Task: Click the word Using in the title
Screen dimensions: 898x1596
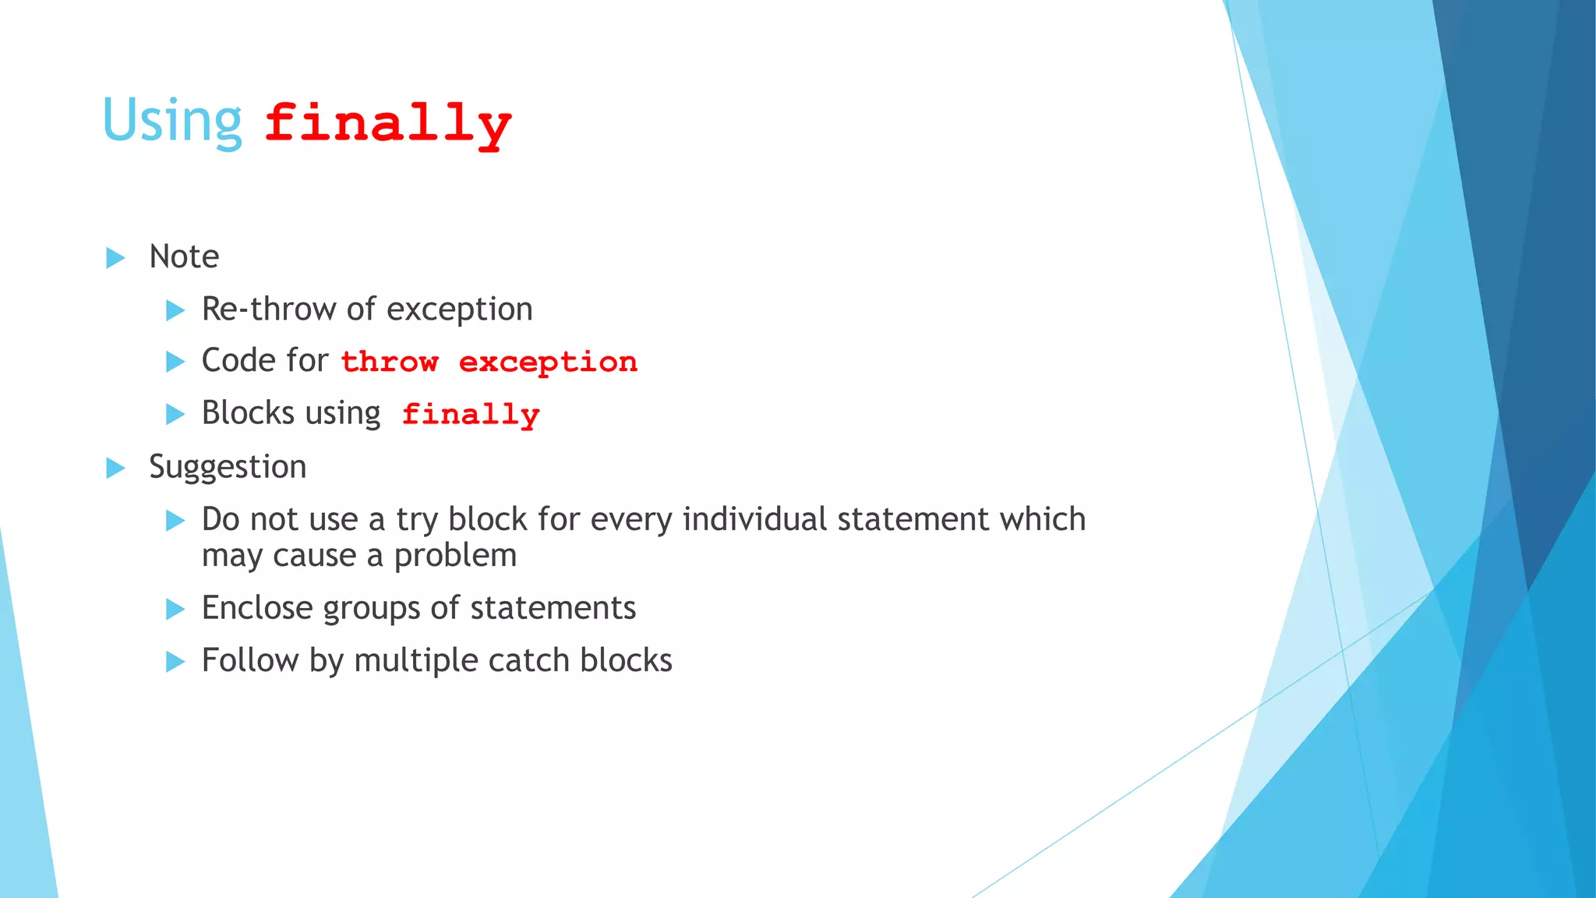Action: click(x=172, y=121)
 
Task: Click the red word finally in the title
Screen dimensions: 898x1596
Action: click(x=387, y=123)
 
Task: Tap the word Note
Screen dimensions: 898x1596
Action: click(x=184, y=256)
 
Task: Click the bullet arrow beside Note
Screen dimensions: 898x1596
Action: click(x=115, y=258)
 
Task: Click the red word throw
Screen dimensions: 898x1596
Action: click(x=390, y=362)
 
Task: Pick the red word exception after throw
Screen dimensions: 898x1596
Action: click(x=548, y=362)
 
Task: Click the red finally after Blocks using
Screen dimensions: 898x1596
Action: click(x=471, y=414)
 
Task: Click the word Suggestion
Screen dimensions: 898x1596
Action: click(x=228, y=467)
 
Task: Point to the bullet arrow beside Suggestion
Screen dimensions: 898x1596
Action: click(x=115, y=468)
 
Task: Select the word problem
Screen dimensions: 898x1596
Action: click(x=455, y=556)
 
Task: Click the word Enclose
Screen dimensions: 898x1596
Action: click(x=256, y=608)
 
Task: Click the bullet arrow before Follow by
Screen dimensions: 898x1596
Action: click(x=175, y=662)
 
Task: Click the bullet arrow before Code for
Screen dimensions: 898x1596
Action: click(x=175, y=362)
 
